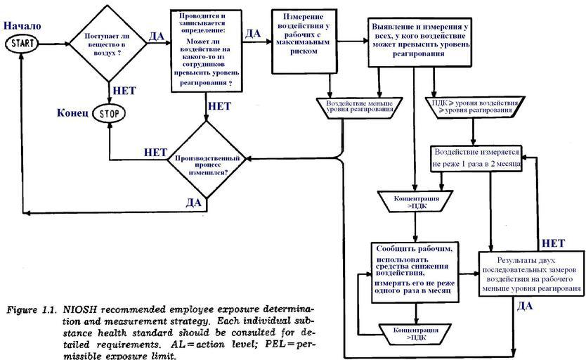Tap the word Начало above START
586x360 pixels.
(22, 26)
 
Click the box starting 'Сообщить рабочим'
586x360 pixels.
(414, 271)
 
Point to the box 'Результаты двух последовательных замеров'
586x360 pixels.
(532, 275)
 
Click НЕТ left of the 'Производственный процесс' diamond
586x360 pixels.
(155, 152)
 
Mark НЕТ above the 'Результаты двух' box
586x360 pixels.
(554, 243)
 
